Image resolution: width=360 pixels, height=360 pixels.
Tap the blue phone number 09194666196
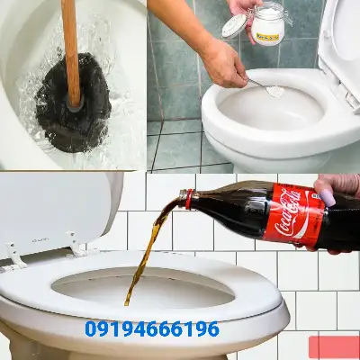tap(151, 329)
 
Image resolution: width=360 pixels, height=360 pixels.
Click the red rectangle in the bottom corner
tap(333, 346)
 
